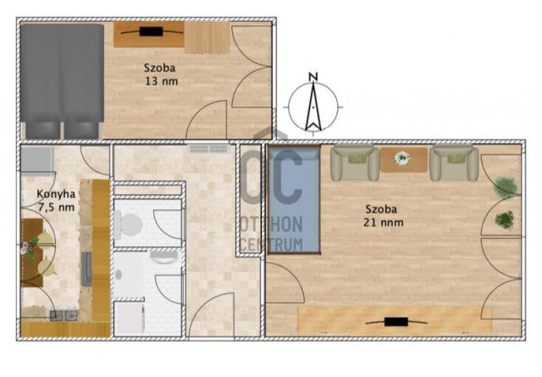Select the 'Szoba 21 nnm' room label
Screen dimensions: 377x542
pyautogui.click(x=384, y=216)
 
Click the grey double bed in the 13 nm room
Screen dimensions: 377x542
pyautogui.click(x=61, y=80)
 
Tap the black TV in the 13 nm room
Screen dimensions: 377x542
pyautogui.click(x=152, y=32)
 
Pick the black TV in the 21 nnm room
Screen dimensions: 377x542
pyautogui.click(x=395, y=321)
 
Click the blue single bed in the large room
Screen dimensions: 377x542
pyautogui.click(x=293, y=201)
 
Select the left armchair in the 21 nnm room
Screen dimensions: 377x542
pyautogui.click(x=353, y=162)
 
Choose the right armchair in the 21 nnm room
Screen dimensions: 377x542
pyautogui.click(x=453, y=162)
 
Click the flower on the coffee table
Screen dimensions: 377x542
pyautogui.click(x=402, y=158)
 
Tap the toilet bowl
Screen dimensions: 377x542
pyautogui.click(x=130, y=225)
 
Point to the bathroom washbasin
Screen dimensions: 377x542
pyautogui.click(x=165, y=257)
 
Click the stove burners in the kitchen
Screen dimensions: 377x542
pyautogui.click(x=63, y=316)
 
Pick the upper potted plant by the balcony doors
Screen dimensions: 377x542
pyautogui.click(x=506, y=187)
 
